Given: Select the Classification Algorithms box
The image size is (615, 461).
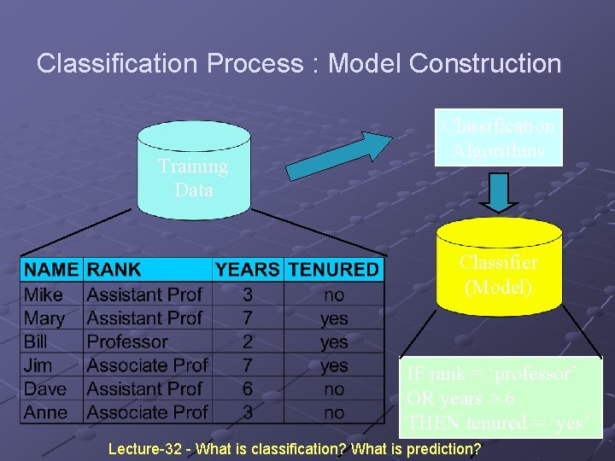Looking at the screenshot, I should coord(499,138).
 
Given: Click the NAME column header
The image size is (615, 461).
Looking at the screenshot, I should coord(51,270).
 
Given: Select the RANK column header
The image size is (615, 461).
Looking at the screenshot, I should coord(114,270).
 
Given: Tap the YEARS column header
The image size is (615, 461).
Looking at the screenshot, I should coord(248,270).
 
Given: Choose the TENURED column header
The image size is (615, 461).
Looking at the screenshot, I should coord(333,270).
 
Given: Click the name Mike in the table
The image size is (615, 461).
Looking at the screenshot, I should coord(44,295).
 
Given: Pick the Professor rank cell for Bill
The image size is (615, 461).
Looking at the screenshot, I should coord(127,341).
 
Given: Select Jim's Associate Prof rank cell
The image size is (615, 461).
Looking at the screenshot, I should coord(147,365).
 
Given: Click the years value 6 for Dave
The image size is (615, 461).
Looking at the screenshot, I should coord(248,389).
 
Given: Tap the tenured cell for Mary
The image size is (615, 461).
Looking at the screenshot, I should coord(334,318).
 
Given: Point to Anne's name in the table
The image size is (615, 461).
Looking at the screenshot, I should coord(46,412).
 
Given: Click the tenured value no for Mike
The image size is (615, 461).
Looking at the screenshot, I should coord(334,295).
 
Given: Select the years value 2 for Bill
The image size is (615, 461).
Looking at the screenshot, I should coord(248,341).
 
